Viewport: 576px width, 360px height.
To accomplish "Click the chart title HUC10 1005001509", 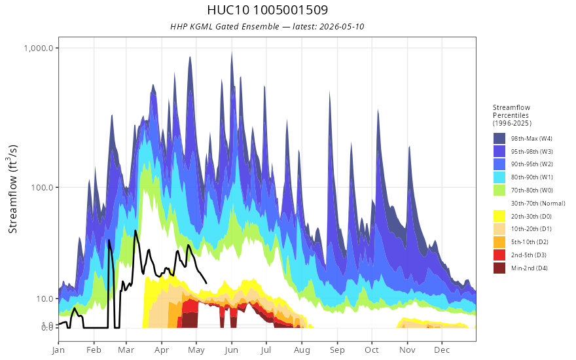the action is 268,10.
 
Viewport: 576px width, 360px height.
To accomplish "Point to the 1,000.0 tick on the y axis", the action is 39,48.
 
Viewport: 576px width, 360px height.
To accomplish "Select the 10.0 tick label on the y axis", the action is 45,298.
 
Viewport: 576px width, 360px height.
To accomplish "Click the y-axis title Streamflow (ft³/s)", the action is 13,189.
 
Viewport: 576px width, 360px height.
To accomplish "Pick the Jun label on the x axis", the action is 232,350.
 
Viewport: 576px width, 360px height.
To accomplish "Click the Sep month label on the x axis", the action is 337,350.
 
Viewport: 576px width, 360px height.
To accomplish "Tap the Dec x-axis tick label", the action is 442,350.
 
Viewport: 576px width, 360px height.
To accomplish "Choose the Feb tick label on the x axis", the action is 94,350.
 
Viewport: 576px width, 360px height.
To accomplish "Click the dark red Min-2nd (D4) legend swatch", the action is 499,268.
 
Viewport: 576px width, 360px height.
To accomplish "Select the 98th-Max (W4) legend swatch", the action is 499,139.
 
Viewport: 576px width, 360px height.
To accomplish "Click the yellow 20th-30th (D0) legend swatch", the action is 499,216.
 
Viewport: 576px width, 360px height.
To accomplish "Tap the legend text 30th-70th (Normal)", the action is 538,203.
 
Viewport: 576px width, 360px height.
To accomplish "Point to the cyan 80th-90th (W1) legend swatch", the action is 499,177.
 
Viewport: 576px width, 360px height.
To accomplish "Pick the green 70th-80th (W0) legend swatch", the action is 499,190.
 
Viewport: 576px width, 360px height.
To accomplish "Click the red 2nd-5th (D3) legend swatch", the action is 499,255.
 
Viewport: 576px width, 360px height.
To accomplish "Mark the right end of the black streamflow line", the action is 206,283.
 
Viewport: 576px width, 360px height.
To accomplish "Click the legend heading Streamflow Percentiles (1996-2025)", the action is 512,115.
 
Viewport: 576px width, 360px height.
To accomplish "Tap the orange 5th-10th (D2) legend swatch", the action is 499,242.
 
